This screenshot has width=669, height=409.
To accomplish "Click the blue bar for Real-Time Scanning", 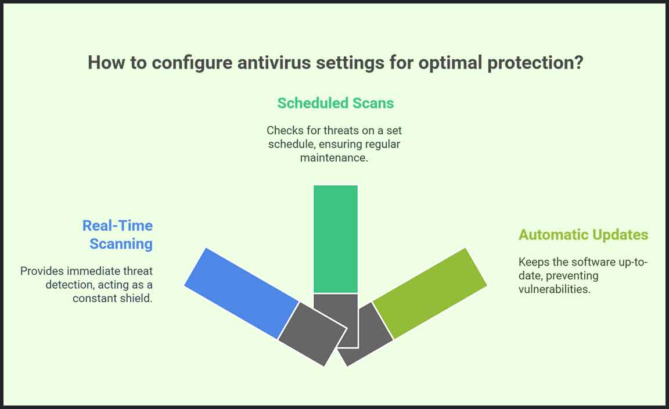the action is pos(242,293).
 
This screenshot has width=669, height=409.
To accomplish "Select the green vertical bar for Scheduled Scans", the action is pos(335,239).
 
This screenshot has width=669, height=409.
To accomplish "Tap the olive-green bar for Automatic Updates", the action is pos(430,293).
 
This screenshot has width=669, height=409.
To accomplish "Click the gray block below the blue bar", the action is pos(312,334).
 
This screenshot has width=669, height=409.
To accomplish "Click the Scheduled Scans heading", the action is pos(335,103).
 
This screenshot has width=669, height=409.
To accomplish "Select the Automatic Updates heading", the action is pos(583,235).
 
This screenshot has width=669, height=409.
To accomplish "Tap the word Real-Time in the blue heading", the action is pos(117,225).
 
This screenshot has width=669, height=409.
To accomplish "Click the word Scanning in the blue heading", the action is pos(121,244).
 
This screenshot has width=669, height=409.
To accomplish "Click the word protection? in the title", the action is pos(535,62).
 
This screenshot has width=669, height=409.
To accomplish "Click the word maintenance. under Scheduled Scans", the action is pos(334,157).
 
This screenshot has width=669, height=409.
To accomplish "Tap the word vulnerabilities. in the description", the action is pos(554,289).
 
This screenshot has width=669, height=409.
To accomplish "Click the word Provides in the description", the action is pos(42,271).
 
